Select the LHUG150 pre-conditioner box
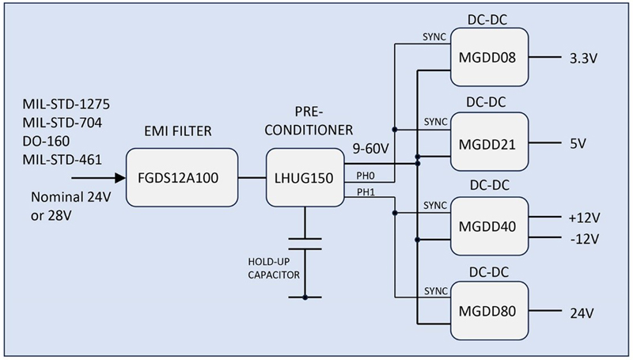pos(305,179)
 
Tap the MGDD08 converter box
pos(490,57)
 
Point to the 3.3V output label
pos(582,58)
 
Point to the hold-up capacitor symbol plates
pos(305,242)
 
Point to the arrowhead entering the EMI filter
pos(119,180)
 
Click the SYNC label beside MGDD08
pos(434,36)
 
